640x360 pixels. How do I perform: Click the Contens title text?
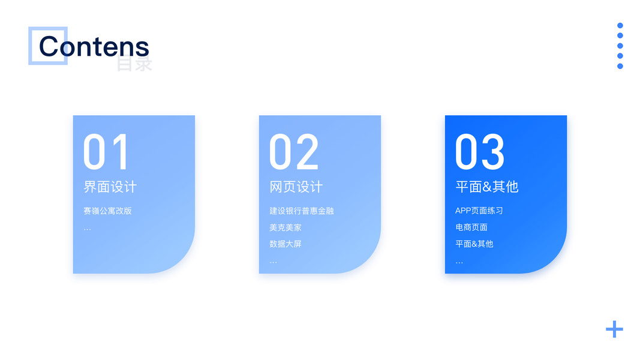coord(94,46)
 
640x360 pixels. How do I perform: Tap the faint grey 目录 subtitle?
coord(134,64)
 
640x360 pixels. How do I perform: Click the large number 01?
coord(106,151)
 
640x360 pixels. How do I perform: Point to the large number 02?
coord(293,151)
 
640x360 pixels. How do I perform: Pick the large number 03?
coord(480,151)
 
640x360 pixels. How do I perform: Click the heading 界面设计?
coord(110,187)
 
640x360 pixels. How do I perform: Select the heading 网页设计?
coord(296,187)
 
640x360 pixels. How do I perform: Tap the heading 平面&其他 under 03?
coord(487,187)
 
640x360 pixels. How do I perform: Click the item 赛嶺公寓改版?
coord(107,211)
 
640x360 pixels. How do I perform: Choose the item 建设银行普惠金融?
coord(302,211)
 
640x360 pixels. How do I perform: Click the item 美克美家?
coord(286,227)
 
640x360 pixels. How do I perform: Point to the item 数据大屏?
coord(286,244)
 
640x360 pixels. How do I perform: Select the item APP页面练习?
coord(479,211)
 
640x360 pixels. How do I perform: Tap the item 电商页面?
coord(471,227)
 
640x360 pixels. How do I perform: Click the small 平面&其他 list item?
coord(474,244)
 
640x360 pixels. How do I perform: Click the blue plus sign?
coord(614,329)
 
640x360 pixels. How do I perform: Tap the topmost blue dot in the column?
coord(620,25)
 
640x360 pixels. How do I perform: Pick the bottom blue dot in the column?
coord(620,66)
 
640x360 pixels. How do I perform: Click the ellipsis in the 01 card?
coord(88,230)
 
